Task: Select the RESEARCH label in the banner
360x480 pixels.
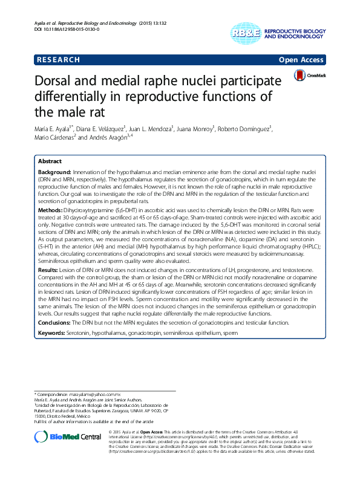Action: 57,60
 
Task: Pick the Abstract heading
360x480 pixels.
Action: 50,162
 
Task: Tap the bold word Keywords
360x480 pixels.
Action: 54,334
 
